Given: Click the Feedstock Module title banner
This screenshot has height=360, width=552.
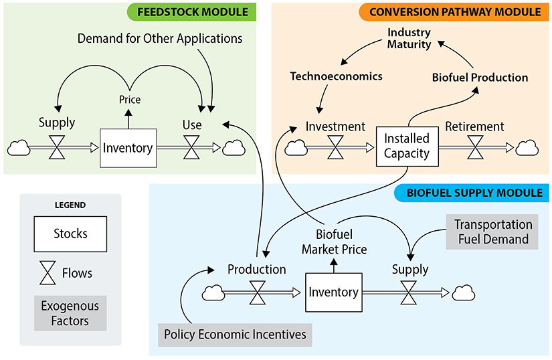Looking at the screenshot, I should coord(191,12).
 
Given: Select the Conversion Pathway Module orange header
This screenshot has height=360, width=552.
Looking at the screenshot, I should coord(454,12).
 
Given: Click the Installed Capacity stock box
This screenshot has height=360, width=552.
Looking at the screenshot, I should coord(406,147).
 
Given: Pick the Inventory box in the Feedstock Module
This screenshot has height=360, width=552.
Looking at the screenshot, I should coord(128,148).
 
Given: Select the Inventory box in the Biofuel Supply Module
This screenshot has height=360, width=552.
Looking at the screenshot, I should coord(333,292).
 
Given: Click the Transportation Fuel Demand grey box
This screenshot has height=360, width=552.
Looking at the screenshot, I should coord(492,232).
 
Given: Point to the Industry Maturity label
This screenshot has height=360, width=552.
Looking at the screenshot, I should coord(409,38).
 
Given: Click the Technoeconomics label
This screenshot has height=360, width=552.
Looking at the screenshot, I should coord(336,76).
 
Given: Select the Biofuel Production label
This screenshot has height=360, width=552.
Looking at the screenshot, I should coord(480,78).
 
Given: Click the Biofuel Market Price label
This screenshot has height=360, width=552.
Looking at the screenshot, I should coord(334,242).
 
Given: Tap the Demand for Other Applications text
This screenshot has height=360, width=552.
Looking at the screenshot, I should coord(160,38).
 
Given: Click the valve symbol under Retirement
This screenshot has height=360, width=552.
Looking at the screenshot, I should coord(475,147).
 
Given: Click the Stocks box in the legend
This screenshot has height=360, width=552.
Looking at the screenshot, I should coord(70,234).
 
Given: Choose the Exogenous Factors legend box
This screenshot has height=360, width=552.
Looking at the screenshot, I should coord(70,313).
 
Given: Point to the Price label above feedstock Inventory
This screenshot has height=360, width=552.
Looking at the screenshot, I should coord(129,99).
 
